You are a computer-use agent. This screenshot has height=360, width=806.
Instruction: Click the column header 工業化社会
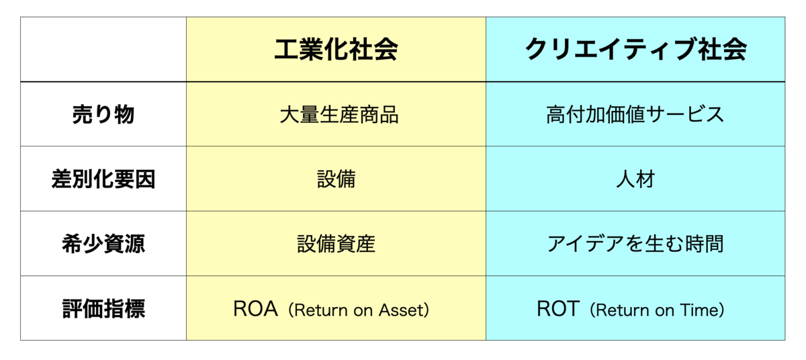coord(336,49)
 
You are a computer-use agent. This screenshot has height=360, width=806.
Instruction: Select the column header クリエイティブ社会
coord(635,49)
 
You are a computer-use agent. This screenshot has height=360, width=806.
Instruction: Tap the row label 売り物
coord(103,114)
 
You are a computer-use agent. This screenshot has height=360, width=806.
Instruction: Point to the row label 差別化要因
coord(103,179)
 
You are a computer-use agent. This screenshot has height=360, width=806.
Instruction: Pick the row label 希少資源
coord(103,244)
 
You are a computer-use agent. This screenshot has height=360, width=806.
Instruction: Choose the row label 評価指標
coord(103,308)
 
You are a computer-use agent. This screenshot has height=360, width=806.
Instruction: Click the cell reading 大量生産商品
coord(339,114)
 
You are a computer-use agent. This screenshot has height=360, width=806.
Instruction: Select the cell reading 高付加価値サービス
coord(635,114)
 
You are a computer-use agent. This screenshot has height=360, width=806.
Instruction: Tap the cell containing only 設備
coord(336,179)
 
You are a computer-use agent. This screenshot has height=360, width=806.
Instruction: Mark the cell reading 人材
coord(635,179)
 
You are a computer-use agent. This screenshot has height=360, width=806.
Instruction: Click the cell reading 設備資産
coord(336,244)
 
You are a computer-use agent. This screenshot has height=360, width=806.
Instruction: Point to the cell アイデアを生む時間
coord(635,244)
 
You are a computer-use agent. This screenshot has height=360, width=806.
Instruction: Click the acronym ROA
coord(255,308)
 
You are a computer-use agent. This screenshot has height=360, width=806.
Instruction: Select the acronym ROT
coord(558,308)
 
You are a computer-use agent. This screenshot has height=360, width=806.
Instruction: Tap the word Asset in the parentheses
coord(401,310)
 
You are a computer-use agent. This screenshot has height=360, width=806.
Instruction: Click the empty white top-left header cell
coord(103,49)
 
